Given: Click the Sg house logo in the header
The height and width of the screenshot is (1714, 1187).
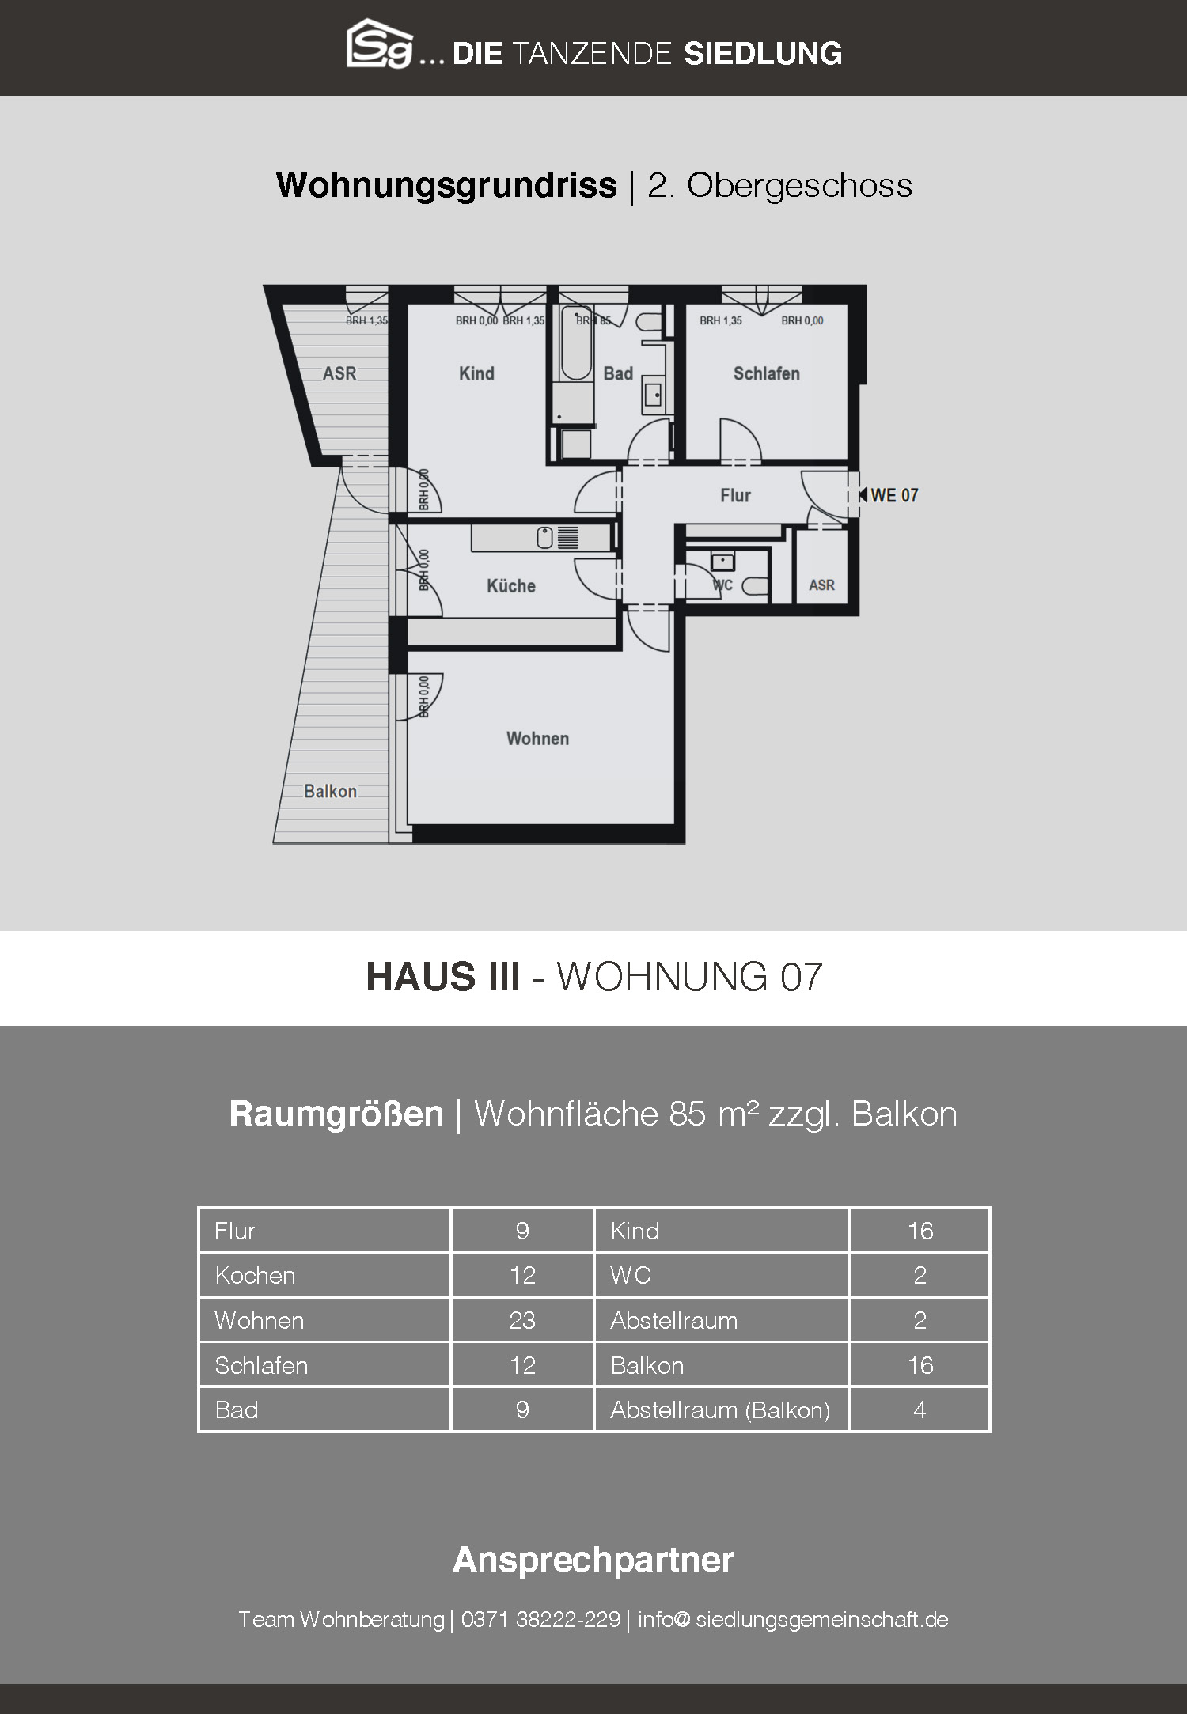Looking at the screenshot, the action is pos(380,44).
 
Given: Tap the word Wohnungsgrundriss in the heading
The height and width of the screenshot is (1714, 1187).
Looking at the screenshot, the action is pos(446,185).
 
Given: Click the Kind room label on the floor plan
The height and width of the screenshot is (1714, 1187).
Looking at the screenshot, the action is pos(476,373).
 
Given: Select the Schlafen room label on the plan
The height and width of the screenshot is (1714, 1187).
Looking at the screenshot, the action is pos(766,373).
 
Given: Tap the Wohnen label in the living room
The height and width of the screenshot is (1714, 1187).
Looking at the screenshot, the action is pos(537,738).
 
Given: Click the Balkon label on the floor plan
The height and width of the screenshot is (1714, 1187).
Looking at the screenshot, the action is pos(330,791).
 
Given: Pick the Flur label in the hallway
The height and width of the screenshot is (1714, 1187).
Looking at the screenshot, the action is pos(735,495).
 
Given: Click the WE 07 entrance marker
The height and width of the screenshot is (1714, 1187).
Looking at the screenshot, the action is pos(888,495).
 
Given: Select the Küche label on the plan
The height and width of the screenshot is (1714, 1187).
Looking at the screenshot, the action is pos(510,586).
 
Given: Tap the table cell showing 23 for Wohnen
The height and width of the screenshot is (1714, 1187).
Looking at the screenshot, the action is pos(522,1320).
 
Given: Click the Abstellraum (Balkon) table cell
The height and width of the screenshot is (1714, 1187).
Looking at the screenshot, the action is pos(722,1409).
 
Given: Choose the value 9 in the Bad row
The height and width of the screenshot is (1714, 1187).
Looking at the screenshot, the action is pos(522,1409).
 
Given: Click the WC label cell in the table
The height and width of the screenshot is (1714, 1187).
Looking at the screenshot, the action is pos(722,1275).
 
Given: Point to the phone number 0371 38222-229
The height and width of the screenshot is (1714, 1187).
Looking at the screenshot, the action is pos(540,1619).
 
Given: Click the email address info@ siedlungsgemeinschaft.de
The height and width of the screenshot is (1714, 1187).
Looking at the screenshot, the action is pos(793,1619).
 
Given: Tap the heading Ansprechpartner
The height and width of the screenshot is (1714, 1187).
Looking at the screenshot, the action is pos(593,1560).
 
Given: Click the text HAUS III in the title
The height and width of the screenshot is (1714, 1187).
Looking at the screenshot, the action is pos(443,977).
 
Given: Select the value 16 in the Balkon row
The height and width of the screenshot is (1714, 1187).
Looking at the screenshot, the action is pos(920,1365).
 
